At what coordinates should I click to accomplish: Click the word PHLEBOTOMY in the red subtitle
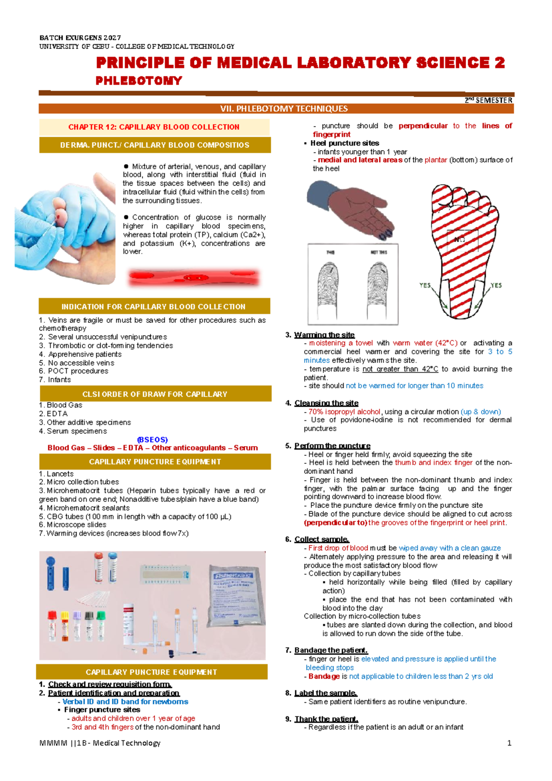(138, 81)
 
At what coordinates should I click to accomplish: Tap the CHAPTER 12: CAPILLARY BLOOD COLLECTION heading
(154, 127)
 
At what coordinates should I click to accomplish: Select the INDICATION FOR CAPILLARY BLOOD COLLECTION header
(154, 307)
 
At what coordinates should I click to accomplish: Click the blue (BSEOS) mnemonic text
(152, 439)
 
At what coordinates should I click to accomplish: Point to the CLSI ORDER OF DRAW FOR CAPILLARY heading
(155, 394)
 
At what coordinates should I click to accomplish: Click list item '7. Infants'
(55, 379)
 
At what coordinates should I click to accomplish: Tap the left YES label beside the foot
(425, 286)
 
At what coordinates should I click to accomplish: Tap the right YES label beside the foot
(496, 286)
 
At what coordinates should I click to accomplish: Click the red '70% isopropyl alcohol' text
(345, 412)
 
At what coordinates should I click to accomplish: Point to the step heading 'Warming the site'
(324, 335)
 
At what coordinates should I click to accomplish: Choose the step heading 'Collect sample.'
(322, 539)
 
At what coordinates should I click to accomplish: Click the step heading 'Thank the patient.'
(326, 719)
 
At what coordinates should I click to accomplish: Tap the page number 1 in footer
(509, 743)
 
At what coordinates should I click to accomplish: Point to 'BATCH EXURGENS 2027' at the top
(80, 38)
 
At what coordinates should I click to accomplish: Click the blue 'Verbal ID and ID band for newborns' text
(125, 702)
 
